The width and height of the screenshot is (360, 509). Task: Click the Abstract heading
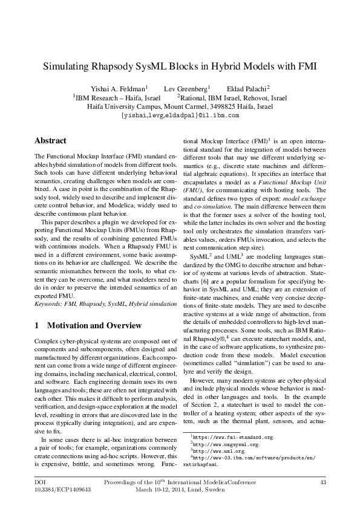point(50,141)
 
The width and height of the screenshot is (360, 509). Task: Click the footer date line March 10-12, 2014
point(180,490)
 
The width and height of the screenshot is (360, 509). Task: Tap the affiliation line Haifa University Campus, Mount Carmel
point(180,106)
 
